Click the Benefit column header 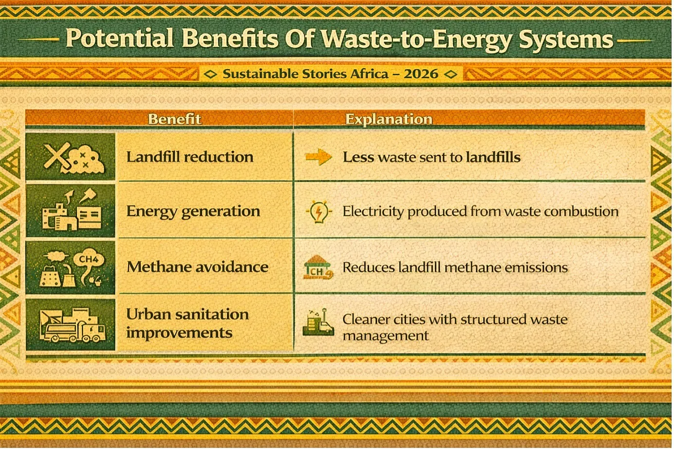coord(174,119)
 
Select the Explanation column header coord(389,119)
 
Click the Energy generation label coord(193,211)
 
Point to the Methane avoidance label coord(197,267)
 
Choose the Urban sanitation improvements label coord(187,323)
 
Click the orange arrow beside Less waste coord(318,157)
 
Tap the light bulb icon coord(318,212)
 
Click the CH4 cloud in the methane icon coord(88,259)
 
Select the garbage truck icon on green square coord(72,325)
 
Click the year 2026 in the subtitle coord(421,74)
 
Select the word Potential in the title coord(120,38)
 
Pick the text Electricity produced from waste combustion coord(480,211)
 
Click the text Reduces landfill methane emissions coord(455,267)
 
